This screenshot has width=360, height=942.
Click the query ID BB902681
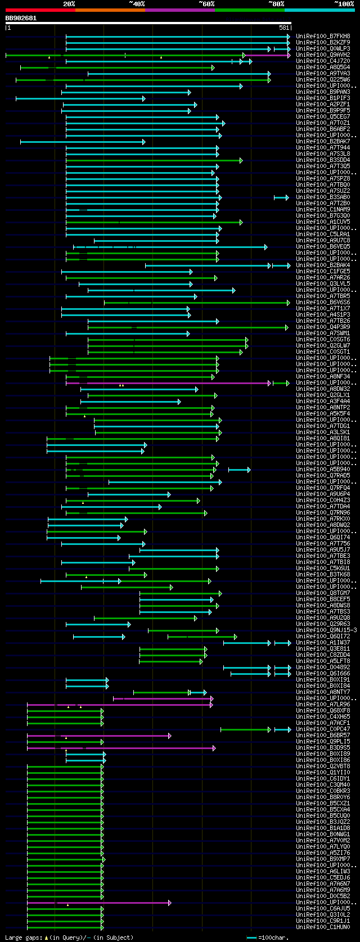(21, 18)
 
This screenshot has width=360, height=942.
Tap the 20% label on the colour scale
(69, 4)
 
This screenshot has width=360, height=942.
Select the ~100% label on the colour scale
(344, 4)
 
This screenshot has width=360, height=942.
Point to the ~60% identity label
(206, 4)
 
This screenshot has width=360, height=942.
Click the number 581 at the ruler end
(284, 28)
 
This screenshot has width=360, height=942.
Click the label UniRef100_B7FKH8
(323, 37)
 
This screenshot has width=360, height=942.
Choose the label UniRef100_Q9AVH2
(323, 55)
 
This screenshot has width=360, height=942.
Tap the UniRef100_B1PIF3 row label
(323, 98)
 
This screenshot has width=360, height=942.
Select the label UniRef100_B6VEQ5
(323, 247)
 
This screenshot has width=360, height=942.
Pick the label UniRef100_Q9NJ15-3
(326, 630)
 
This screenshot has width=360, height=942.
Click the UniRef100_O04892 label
(323, 668)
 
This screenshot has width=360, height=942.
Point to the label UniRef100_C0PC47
(323, 729)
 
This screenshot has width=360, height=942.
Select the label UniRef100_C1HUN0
(323, 927)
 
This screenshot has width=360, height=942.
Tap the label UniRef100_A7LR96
(323, 705)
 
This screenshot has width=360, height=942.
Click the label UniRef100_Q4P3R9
(323, 327)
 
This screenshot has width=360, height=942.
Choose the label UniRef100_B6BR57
(323, 736)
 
